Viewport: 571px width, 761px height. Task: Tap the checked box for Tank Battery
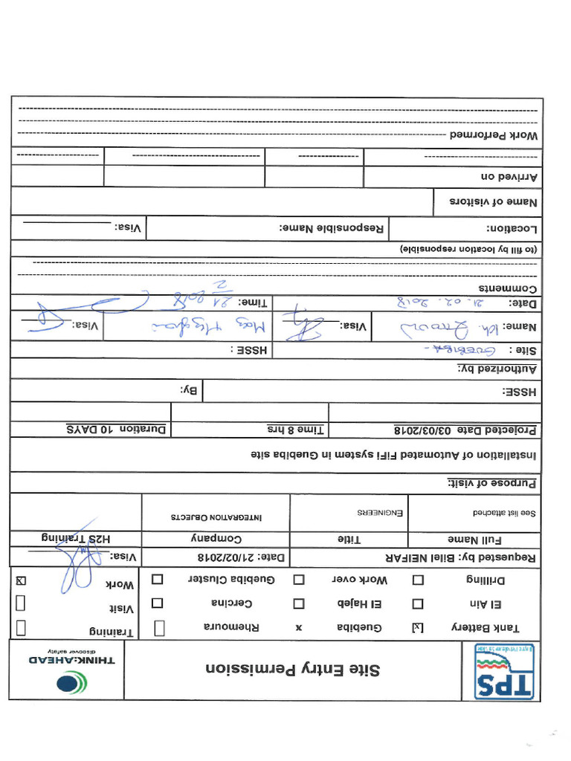point(417,628)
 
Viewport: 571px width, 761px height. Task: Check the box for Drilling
point(418,580)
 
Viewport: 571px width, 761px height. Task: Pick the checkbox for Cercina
point(158,604)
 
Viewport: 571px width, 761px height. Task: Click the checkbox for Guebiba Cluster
point(158,579)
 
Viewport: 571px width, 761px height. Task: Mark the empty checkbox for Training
point(21,628)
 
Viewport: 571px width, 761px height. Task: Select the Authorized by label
point(497,369)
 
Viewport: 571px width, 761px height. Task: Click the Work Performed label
point(494,137)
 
